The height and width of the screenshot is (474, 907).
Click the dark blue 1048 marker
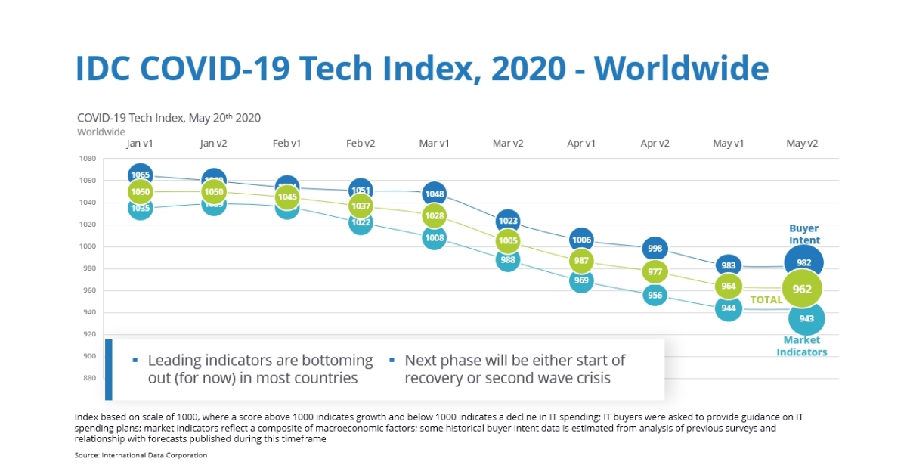434,194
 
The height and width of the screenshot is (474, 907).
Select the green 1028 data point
434,216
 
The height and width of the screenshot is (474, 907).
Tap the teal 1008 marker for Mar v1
434,238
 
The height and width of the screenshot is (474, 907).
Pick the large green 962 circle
802,289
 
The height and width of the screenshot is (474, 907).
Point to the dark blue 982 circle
803,262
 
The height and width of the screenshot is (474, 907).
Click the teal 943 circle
806,318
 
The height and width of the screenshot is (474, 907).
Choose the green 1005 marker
508,241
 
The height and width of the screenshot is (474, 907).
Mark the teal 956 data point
655,296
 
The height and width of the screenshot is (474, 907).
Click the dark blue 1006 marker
581,240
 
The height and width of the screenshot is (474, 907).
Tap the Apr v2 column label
655,144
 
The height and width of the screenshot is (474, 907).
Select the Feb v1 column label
287,144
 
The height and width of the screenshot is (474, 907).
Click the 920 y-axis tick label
88,334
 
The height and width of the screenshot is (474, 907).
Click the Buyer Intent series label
804,234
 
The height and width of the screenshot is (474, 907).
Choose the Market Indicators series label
802,346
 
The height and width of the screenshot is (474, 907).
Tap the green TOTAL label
766,300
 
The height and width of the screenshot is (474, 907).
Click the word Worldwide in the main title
681,68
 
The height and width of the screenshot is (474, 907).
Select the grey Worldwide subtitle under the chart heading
101,132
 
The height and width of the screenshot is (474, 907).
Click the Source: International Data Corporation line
141,455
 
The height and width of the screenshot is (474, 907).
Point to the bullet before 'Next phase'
392,361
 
